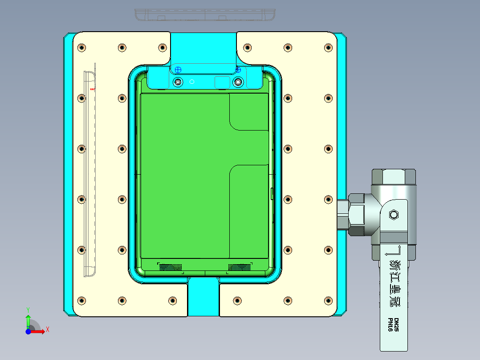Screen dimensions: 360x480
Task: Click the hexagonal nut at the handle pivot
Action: [393, 215]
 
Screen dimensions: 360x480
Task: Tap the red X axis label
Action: [48, 329]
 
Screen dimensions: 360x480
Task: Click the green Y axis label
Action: [28, 309]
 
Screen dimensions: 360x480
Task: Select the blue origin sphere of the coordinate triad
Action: [28, 331]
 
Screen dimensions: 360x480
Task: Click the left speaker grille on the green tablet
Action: [171, 267]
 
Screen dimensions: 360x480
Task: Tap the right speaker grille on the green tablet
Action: [239, 267]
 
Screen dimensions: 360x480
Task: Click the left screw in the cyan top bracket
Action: [178, 82]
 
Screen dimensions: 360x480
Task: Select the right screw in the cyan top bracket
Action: [239, 82]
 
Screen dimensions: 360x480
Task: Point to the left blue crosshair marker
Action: [178, 70]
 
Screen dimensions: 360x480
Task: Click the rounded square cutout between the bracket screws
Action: [222, 82]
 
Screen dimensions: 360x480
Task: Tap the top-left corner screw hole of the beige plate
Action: [81, 48]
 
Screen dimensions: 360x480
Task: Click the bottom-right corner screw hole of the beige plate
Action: [329, 300]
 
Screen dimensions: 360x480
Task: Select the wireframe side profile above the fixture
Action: [205, 14]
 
